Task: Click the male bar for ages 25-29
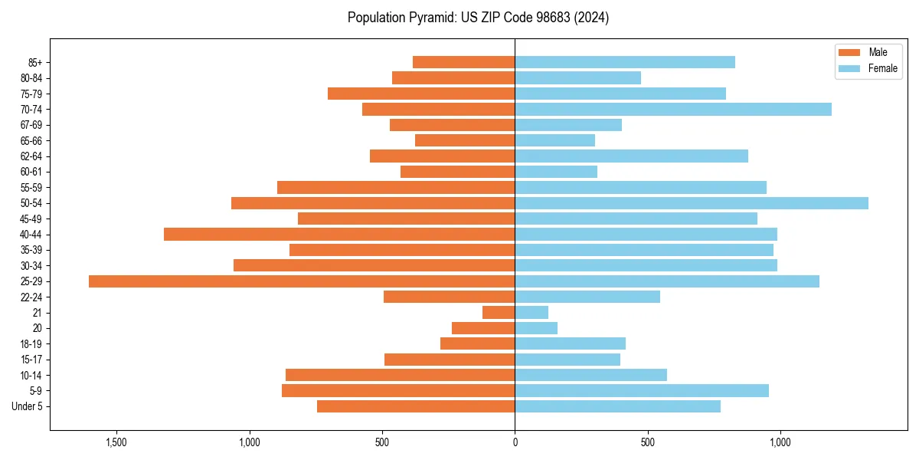click(302, 281)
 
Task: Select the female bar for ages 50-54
click(692, 203)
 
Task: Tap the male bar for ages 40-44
click(339, 235)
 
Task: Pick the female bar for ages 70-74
click(673, 110)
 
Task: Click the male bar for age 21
click(499, 313)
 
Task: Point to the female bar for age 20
click(536, 328)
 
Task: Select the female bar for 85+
click(625, 62)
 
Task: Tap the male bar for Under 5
click(416, 406)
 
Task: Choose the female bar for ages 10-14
click(590, 375)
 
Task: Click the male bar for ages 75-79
click(421, 94)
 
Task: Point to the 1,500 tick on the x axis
click(116, 442)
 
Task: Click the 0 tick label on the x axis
click(515, 442)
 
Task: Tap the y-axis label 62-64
click(31, 156)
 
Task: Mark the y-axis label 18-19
click(31, 344)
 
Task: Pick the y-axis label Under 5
click(28, 406)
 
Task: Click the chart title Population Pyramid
click(478, 18)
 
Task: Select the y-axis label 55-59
click(31, 188)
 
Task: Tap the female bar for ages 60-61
click(556, 172)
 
